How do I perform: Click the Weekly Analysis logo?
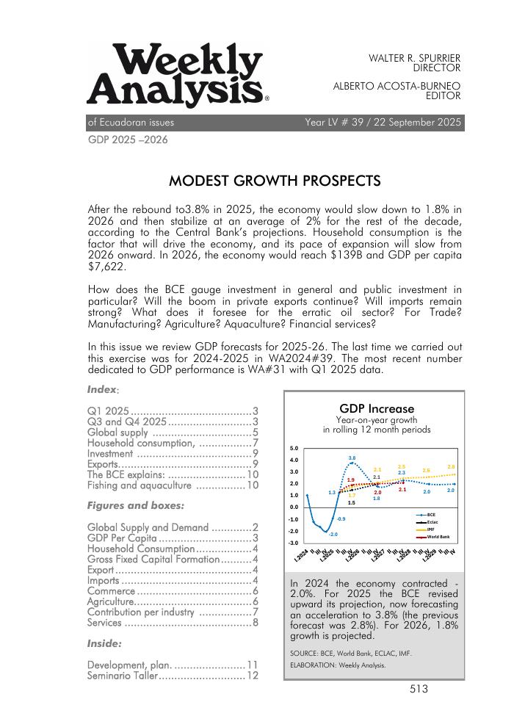177,75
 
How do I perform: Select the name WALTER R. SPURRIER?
414,57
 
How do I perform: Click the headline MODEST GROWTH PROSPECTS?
275,181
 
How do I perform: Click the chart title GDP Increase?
377,408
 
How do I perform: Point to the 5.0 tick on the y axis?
294,448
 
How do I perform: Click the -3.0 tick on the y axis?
293,543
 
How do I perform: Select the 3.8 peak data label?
352,457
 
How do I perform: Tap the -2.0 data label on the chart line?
333,535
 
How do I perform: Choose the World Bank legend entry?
438,538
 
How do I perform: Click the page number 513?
419,689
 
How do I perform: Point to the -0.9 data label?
341,519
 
